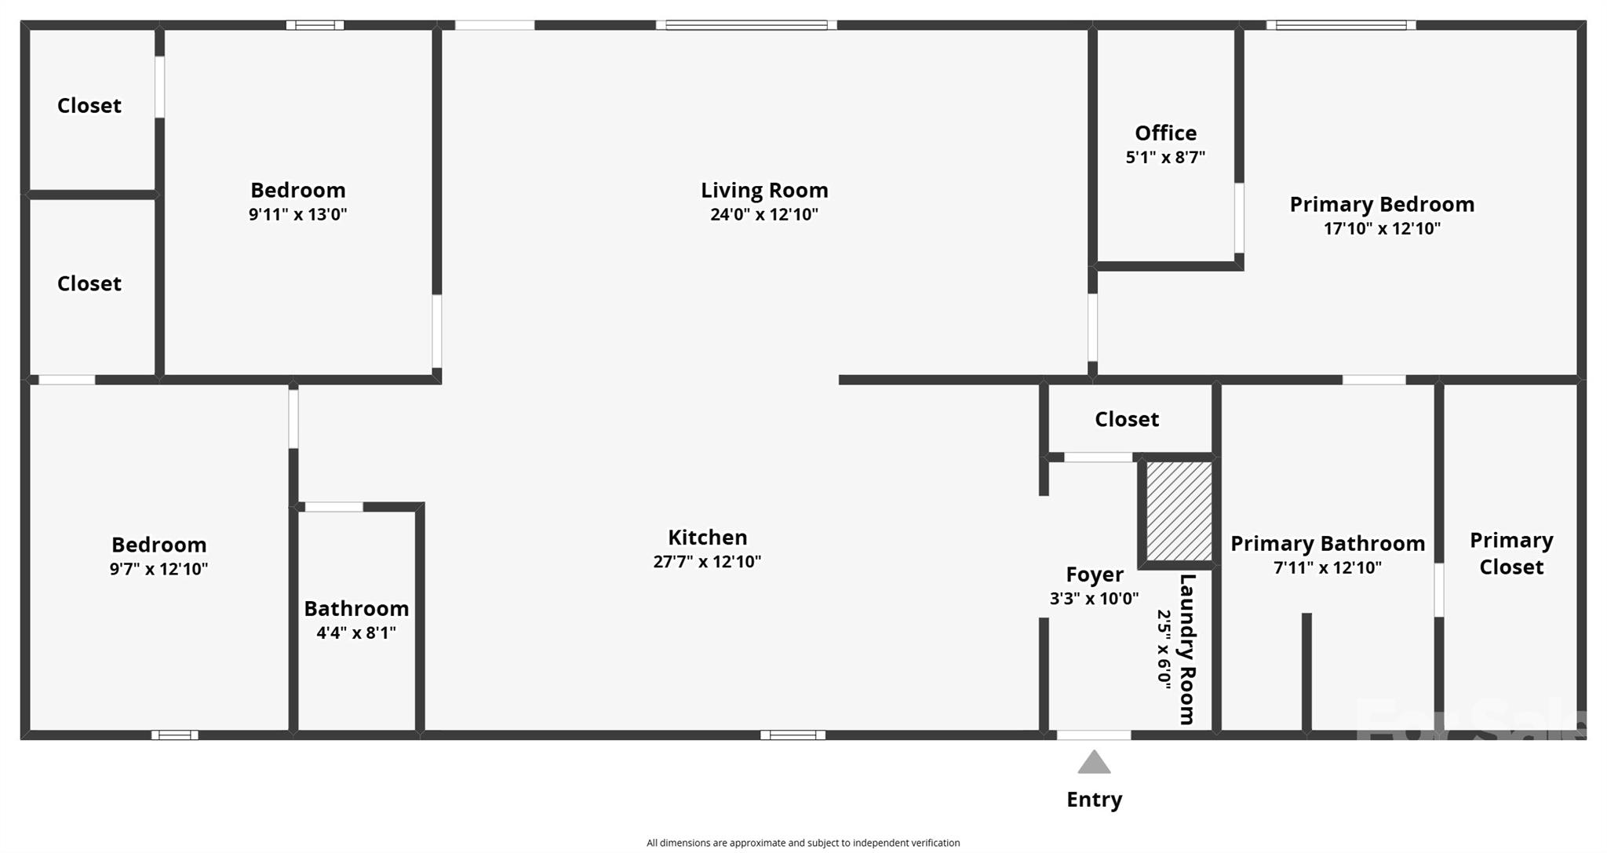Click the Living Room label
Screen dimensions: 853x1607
click(764, 191)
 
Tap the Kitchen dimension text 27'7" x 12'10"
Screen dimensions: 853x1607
click(707, 562)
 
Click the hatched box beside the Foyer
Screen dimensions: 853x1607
click(1179, 511)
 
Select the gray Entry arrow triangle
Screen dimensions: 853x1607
click(1094, 763)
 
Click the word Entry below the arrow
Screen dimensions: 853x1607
click(1094, 800)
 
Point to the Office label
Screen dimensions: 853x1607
click(1165, 133)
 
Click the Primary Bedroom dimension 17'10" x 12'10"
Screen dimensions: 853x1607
click(1382, 229)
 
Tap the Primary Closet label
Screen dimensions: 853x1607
click(1511, 554)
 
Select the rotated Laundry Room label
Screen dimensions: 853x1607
click(1187, 649)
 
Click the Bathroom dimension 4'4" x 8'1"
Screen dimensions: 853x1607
click(356, 633)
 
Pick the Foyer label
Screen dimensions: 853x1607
click(1094, 575)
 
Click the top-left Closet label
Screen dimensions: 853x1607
click(89, 106)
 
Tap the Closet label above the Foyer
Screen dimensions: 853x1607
click(1127, 420)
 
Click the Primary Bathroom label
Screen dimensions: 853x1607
click(1328, 544)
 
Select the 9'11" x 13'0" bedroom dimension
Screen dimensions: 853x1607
click(297, 215)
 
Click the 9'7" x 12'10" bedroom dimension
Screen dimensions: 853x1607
click(159, 570)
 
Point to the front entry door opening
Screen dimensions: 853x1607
click(1094, 735)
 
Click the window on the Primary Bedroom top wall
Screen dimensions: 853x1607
click(1341, 25)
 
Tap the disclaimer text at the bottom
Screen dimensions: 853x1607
click(803, 843)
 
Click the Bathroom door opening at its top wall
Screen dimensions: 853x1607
click(333, 507)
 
